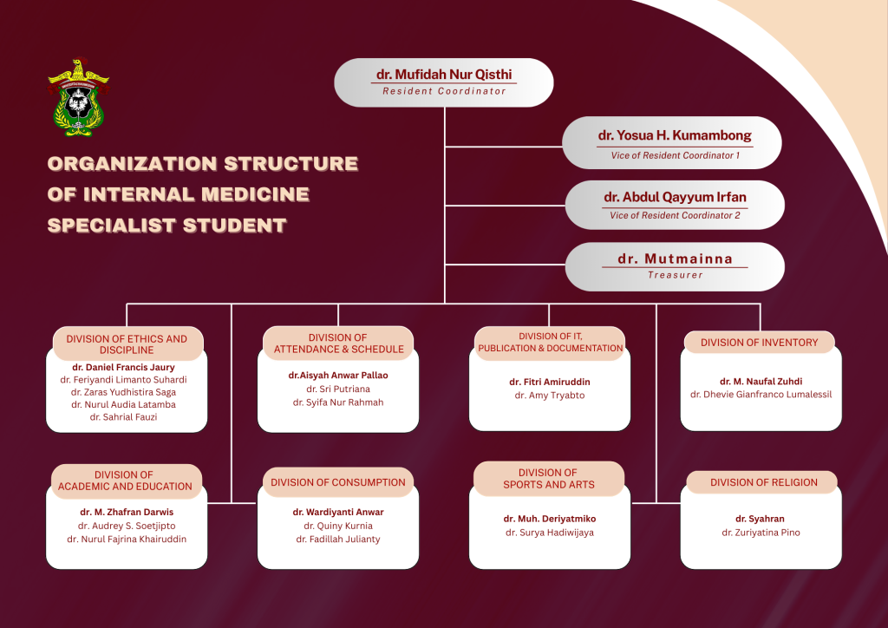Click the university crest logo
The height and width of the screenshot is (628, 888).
pyautogui.click(x=78, y=99)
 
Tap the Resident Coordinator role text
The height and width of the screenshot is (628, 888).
pyautogui.click(x=445, y=91)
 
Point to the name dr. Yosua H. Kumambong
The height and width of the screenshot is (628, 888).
pyautogui.click(x=675, y=135)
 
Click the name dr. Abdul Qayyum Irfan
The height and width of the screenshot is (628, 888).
pyautogui.click(x=675, y=197)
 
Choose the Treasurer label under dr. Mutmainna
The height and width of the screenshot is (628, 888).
pyautogui.click(x=675, y=275)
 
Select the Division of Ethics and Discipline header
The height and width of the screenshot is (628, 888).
pyautogui.click(x=127, y=344)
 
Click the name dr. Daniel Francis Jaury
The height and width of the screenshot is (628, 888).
pyautogui.click(x=123, y=367)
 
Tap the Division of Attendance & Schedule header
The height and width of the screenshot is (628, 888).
pyautogui.click(x=339, y=343)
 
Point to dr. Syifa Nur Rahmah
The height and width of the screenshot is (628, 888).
pyautogui.click(x=338, y=402)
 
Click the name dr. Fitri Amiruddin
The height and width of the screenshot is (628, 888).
pyautogui.click(x=550, y=382)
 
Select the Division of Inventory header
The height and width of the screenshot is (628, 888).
pyautogui.click(x=760, y=343)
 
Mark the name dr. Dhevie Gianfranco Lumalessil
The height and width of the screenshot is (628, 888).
pyautogui.click(x=761, y=395)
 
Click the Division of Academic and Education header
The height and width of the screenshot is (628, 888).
pyautogui.click(x=125, y=481)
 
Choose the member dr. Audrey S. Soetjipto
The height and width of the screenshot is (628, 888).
pyautogui.click(x=127, y=526)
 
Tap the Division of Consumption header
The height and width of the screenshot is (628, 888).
pyautogui.click(x=338, y=482)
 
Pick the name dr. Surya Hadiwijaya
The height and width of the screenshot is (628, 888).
pyautogui.click(x=550, y=533)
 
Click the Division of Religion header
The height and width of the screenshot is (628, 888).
pyautogui.click(x=764, y=482)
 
